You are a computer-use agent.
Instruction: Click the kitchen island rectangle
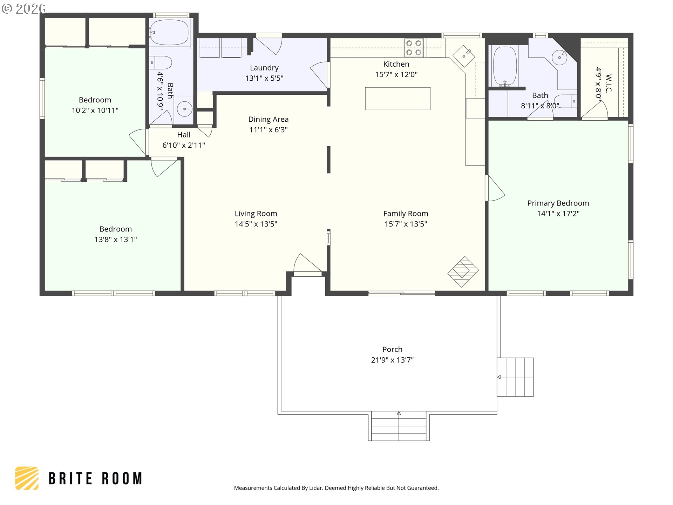click(397, 99)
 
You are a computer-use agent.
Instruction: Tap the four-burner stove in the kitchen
click(414, 48)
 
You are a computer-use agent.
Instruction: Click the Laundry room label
click(264, 68)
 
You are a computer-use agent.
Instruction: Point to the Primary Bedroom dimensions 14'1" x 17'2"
click(558, 214)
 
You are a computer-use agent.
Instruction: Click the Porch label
click(392, 349)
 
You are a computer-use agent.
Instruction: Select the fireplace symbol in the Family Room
click(463, 272)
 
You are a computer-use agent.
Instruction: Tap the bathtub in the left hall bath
click(170, 32)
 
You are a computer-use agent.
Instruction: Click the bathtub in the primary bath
click(505, 67)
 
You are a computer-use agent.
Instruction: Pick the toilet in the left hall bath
click(162, 63)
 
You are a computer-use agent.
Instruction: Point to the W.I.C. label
click(609, 83)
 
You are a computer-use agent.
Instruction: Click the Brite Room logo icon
click(27, 478)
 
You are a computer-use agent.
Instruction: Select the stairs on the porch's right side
click(515, 377)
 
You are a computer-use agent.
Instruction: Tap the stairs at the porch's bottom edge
click(399, 426)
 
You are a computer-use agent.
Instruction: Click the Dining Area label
click(268, 119)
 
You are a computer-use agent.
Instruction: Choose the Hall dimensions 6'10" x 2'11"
click(184, 145)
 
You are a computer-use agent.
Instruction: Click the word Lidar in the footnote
click(316, 488)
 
